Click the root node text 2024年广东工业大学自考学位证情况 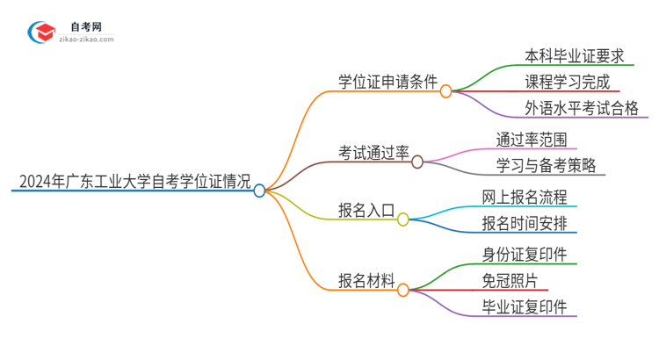pyautogui.click(x=131, y=182)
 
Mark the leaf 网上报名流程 pyautogui.click(x=525, y=197)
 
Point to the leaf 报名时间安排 pyautogui.click(x=525, y=223)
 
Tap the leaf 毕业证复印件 pyautogui.click(x=525, y=306)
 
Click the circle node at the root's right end pyautogui.click(x=259, y=190)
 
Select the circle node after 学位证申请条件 pyautogui.click(x=445, y=90)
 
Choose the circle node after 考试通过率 pyautogui.click(x=417, y=162)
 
